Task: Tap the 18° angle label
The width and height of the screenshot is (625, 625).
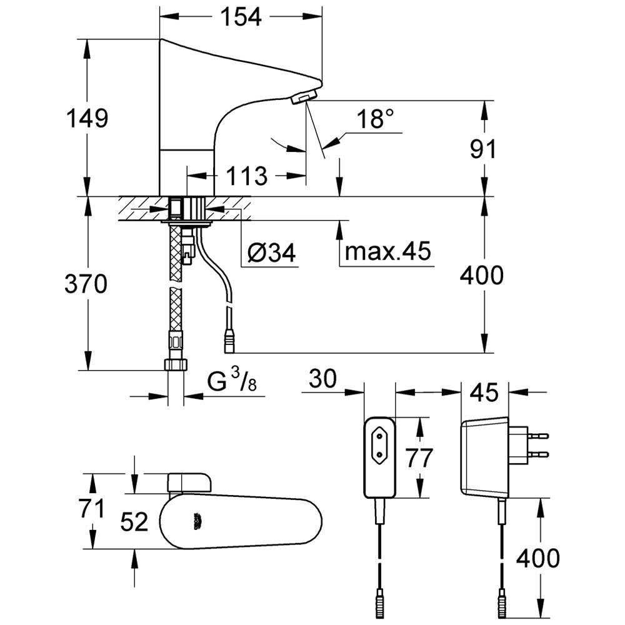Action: (376, 119)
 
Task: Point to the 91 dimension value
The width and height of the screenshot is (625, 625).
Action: (482, 150)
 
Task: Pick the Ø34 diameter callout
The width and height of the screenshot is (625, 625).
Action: (271, 253)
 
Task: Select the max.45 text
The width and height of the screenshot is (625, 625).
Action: (387, 252)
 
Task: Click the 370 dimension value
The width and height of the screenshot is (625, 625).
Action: (86, 284)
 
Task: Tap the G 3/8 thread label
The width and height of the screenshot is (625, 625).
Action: (231, 382)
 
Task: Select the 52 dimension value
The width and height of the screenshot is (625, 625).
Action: (134, 521)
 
